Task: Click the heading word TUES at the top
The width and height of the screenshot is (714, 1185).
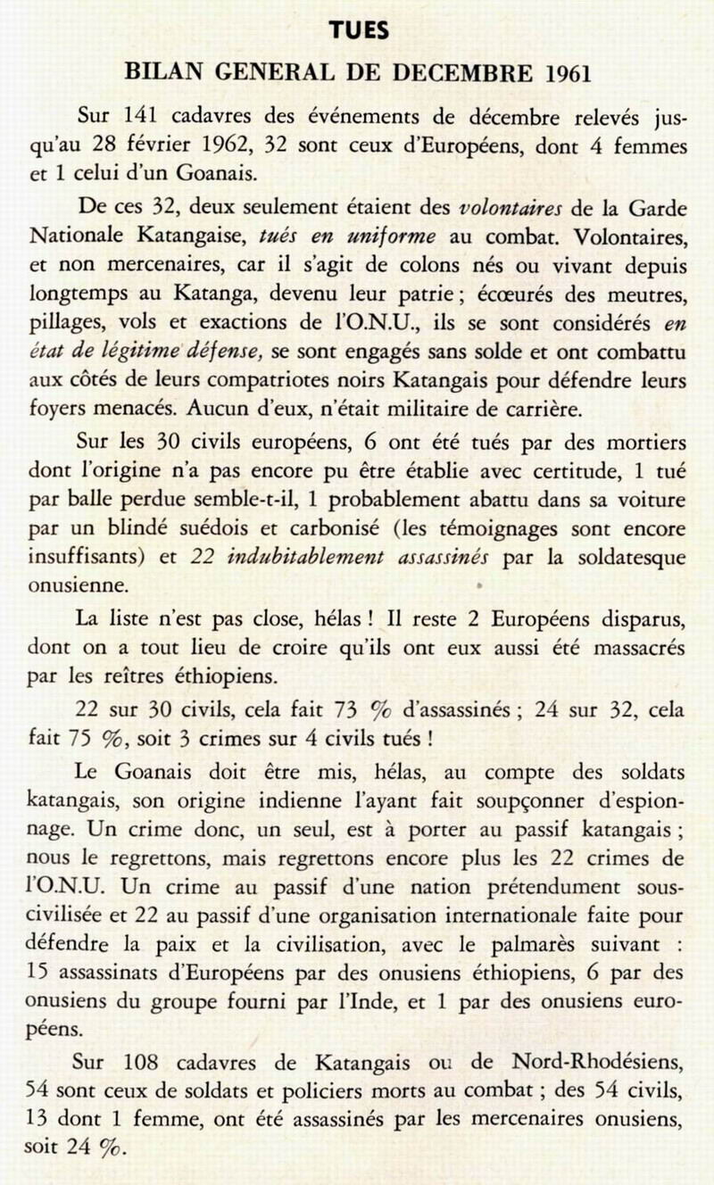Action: pos(358,31)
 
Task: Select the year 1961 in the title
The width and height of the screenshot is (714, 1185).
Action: pos(563,73)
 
